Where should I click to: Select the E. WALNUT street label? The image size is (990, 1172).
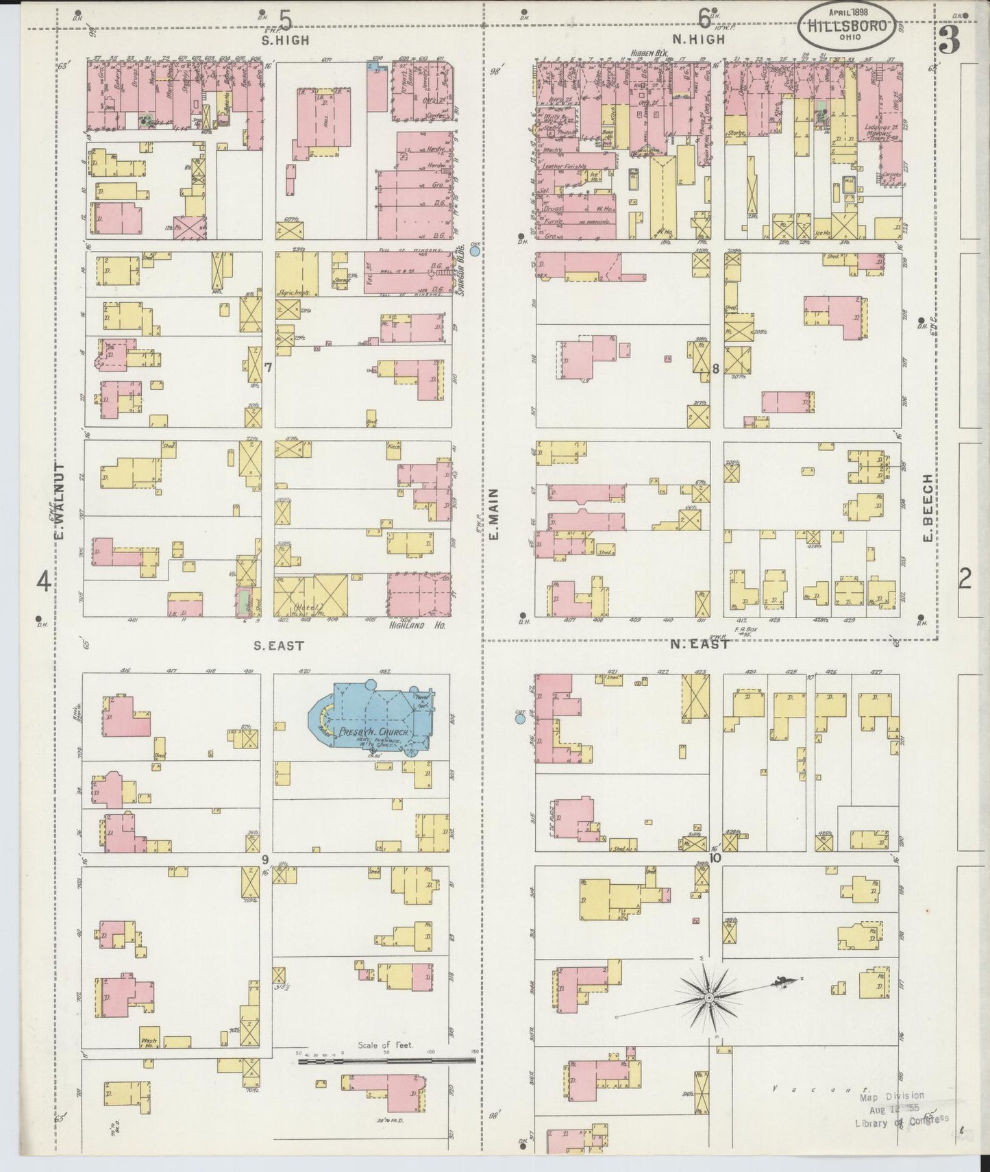click(x=60, y=500)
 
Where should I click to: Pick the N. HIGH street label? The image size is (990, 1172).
click(x=697, y=40)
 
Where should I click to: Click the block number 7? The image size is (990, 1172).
click(x=269, y=368)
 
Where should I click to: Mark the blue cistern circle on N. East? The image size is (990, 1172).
click(x=520, y=718)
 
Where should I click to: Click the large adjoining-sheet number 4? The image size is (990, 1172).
click(x=44, y=582)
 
